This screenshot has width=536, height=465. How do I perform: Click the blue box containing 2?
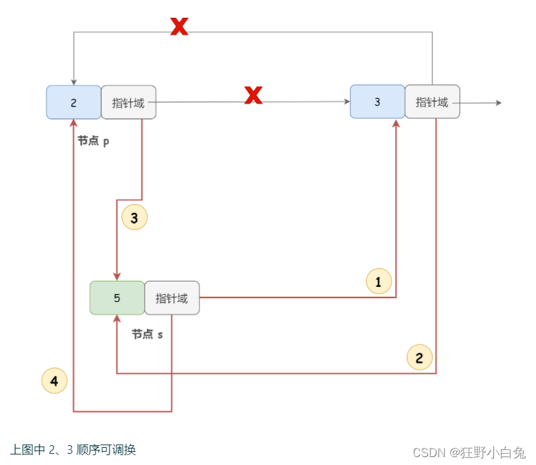tap(73, 102)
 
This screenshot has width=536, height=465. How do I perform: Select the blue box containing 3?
tap(377, 102)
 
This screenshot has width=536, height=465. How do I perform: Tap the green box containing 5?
tap(117, 297)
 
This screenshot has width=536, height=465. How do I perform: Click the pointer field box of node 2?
tap(129, 102)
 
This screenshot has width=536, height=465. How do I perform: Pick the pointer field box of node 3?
tap(432, 102)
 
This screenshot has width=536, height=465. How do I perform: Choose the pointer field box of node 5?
tap(172, 297)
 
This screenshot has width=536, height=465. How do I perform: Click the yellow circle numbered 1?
tap(378, 282)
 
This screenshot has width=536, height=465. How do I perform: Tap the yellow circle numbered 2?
tap(419, 357)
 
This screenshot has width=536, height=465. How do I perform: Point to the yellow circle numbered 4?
tap(54, 381)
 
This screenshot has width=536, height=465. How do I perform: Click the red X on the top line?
tap(179, 26)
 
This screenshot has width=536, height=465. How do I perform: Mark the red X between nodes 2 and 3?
tap(253, 96)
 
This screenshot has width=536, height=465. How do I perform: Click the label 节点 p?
tap(93, 140)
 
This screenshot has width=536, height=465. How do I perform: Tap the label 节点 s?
tap(147, 334)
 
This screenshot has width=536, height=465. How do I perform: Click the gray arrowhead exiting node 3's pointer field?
tap(498, 103)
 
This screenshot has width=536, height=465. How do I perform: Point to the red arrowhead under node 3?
tap(396, 124)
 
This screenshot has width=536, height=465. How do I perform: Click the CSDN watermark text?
tap(469, 452)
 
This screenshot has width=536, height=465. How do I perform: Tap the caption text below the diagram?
tap(73, 450)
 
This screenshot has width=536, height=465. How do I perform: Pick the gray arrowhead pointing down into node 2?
tap(74, 80)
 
